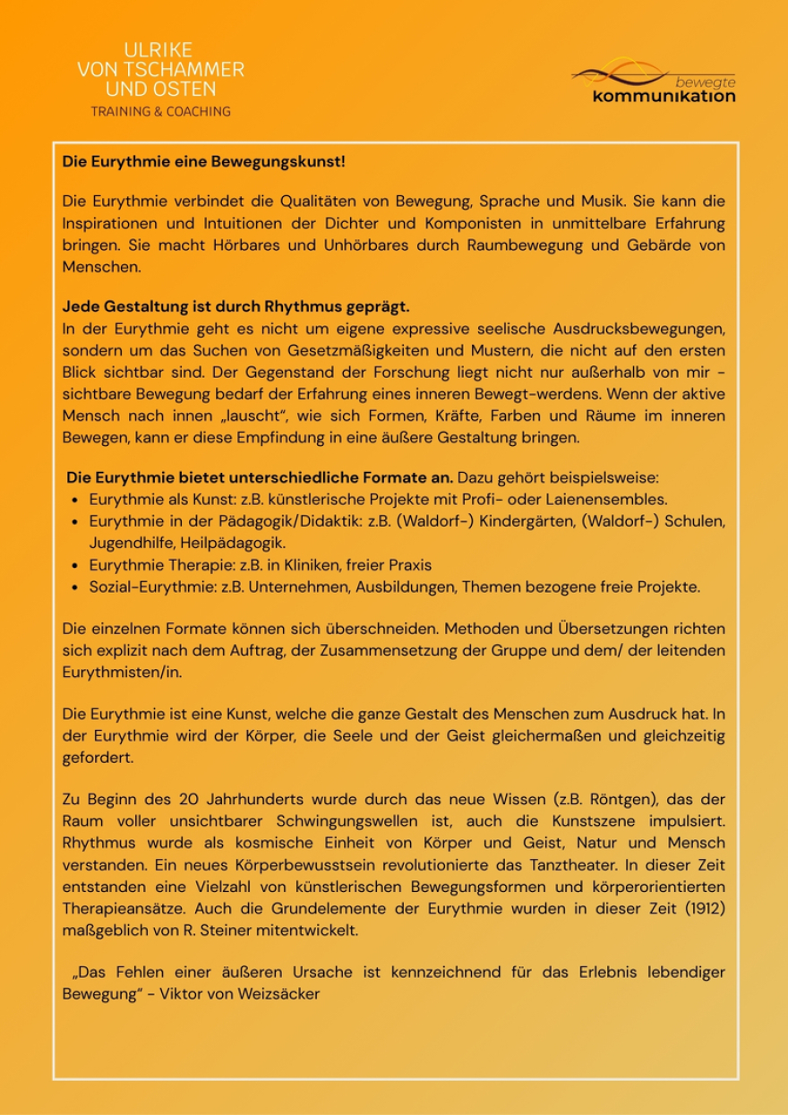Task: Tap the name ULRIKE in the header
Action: (158, 50)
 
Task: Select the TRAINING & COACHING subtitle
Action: (160, 112)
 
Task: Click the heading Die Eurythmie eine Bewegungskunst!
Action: (203, 162)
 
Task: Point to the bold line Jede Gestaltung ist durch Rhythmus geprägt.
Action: (236, 306)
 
